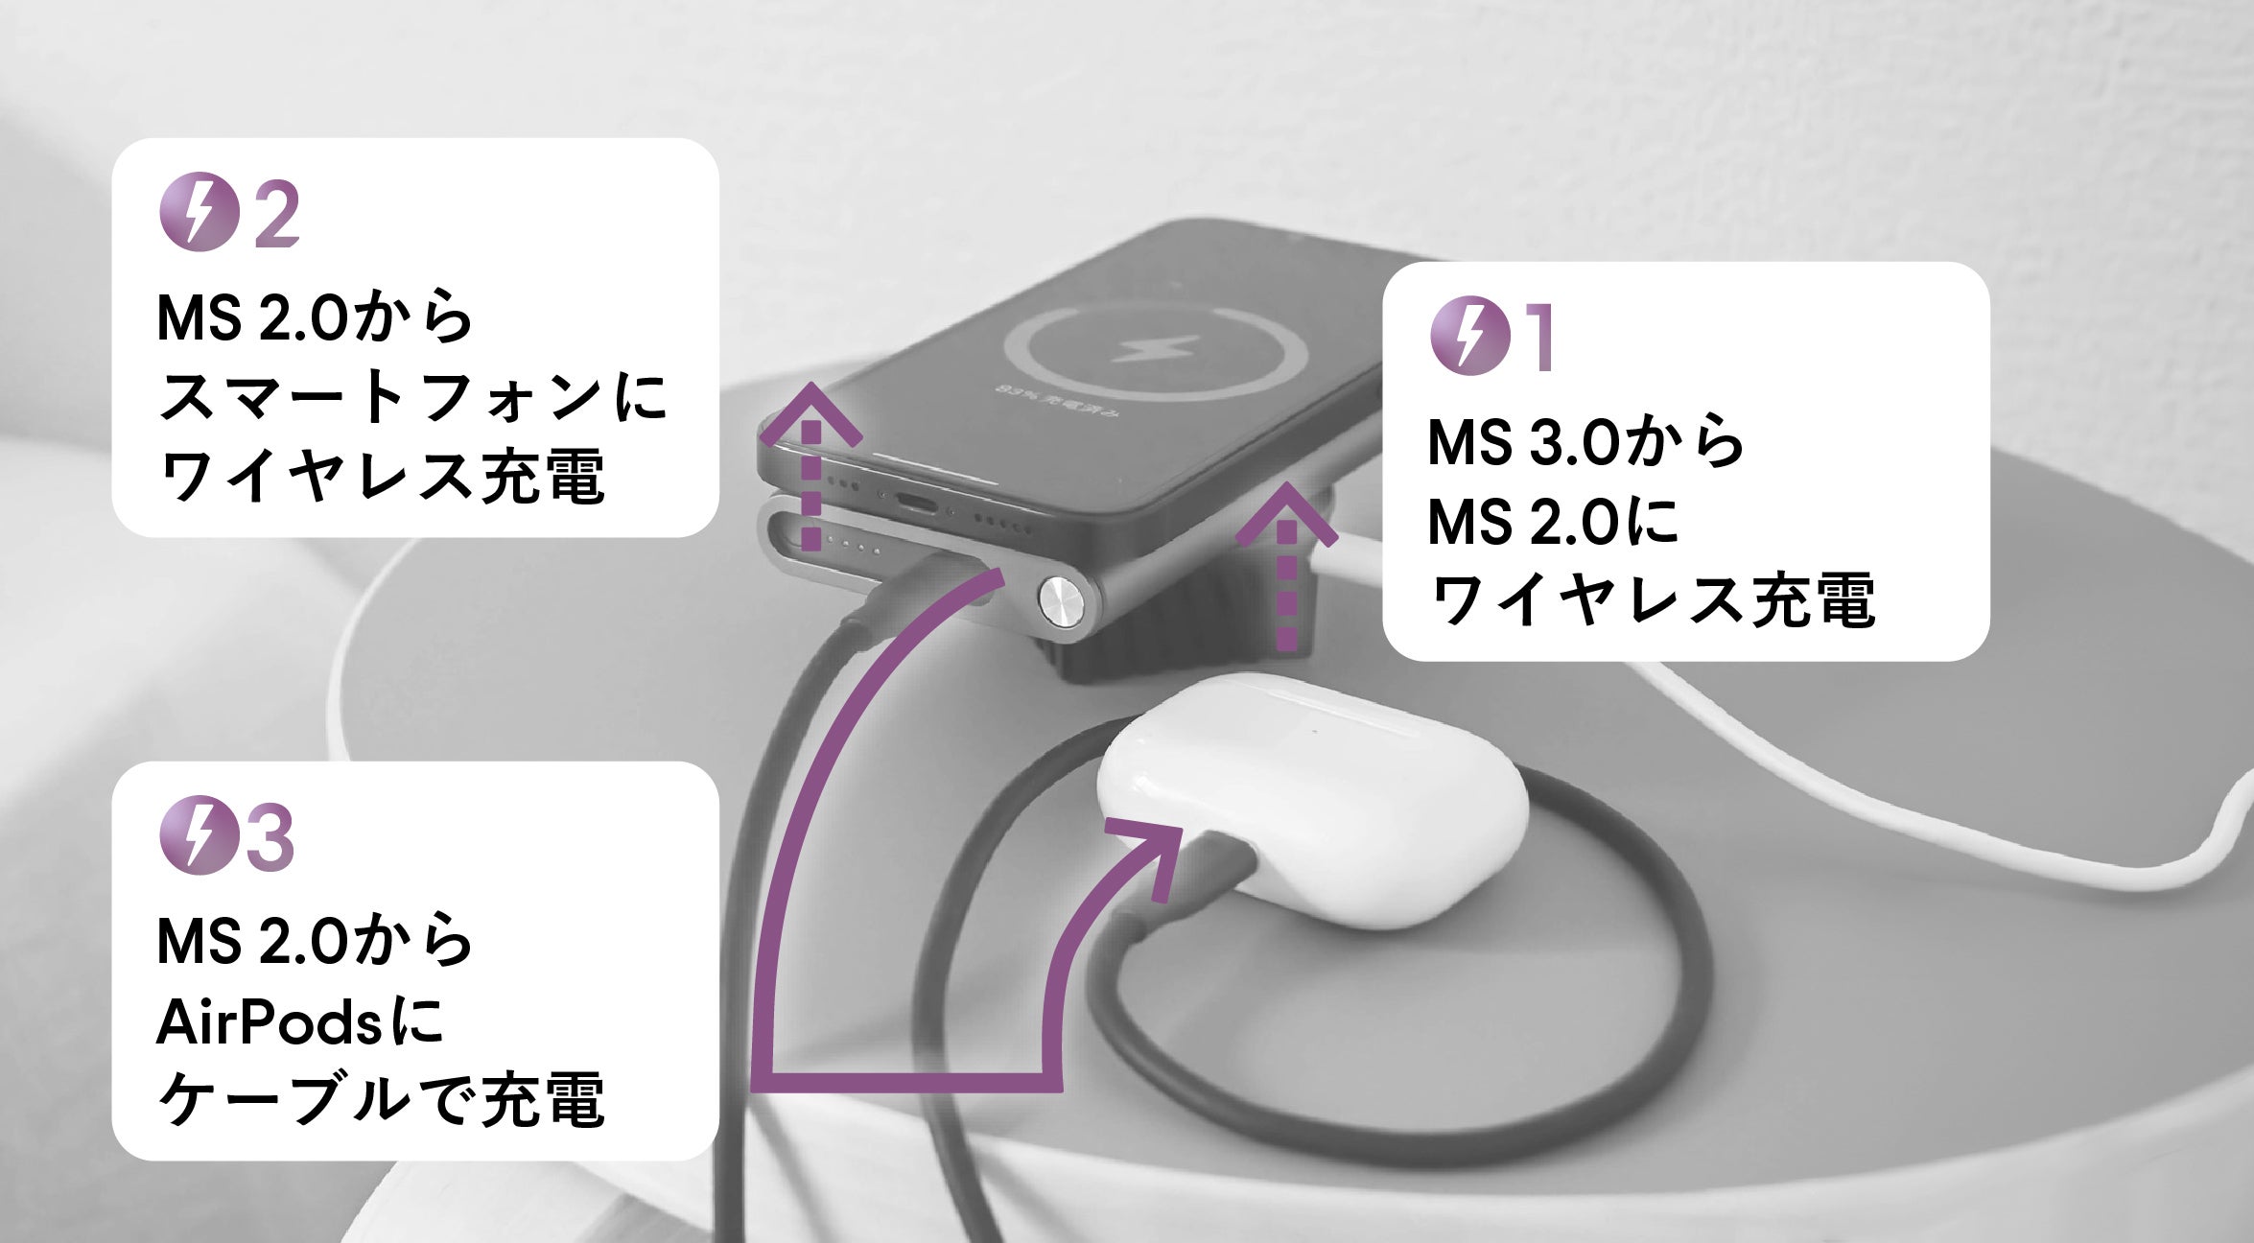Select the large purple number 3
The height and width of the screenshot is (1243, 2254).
tap(270, 837)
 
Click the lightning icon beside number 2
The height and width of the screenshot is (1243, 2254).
tap(198, 212)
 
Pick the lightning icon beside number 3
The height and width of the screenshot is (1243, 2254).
tap(198, 835)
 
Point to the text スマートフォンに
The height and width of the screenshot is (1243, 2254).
tap(412, 397)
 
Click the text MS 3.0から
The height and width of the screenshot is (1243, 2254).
tap(1585, 442)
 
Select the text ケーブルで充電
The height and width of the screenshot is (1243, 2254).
tap(381, 1100)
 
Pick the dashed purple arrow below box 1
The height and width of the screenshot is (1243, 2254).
tap(1286, 566)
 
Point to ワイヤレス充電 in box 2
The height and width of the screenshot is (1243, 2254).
tap(381, 477)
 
